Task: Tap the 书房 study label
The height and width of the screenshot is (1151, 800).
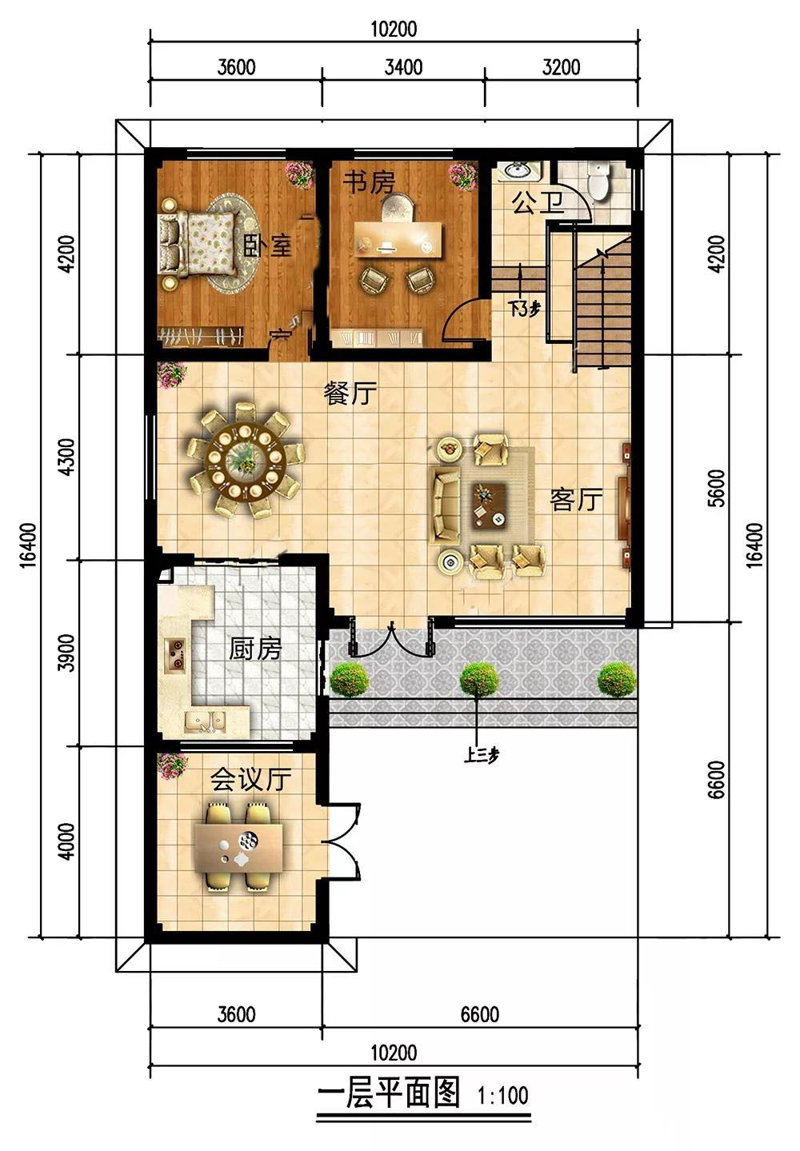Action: [369, 182]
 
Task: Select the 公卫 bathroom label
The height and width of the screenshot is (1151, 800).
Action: [538, 202]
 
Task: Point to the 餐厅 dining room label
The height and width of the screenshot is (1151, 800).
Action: [350, 394]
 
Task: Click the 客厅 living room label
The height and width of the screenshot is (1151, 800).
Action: [576, 500]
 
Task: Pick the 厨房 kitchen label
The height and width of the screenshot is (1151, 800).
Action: [255, 649]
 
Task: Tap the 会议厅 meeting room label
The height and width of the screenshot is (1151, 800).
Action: [250, 779]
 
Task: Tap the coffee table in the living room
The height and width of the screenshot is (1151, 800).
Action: [489, 506]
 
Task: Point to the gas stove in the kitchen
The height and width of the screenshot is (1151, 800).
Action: [174, 654]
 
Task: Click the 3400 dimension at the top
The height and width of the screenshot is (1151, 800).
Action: [403, 67]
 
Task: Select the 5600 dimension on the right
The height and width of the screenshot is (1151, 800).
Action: [717, 488]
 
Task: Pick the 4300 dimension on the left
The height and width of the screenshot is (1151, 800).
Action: [66, 457]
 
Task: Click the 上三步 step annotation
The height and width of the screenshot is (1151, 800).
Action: [481, 755]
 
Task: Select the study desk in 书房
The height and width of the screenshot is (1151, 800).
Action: [398, 238]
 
